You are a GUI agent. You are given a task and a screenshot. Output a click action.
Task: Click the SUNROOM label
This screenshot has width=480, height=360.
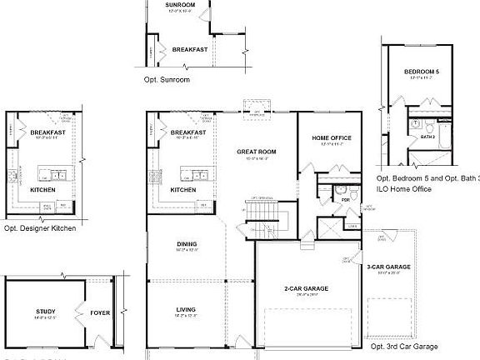click(181, 5)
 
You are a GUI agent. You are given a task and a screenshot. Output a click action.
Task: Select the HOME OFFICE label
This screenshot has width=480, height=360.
click(332, 137)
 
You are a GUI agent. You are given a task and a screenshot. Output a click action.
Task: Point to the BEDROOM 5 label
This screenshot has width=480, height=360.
click(421, 72)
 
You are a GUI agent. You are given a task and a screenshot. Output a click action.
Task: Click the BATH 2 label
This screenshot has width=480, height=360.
click(428, 136)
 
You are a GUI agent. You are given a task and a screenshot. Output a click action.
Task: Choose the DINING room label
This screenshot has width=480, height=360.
click(187, 243)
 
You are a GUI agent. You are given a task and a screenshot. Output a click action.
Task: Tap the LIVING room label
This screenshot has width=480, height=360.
click(185, 309)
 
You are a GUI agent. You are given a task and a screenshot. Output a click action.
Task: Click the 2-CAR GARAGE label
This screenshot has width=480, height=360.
click(306, 288)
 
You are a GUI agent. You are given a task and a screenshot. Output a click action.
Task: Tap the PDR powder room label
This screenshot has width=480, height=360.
click(343, 200)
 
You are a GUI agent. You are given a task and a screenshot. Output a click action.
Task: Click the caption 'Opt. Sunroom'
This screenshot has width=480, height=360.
click(167, 79)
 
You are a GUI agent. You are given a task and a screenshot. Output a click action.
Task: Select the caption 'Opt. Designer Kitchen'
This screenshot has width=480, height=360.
click(40, 227)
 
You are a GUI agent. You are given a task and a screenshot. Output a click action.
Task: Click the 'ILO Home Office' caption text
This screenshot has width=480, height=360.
click(405, 189)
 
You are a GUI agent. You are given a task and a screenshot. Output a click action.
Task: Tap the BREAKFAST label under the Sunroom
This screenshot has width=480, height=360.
click(189, 49)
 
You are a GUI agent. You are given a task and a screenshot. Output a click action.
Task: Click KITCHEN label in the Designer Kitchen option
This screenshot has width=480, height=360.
click(43, 189)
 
